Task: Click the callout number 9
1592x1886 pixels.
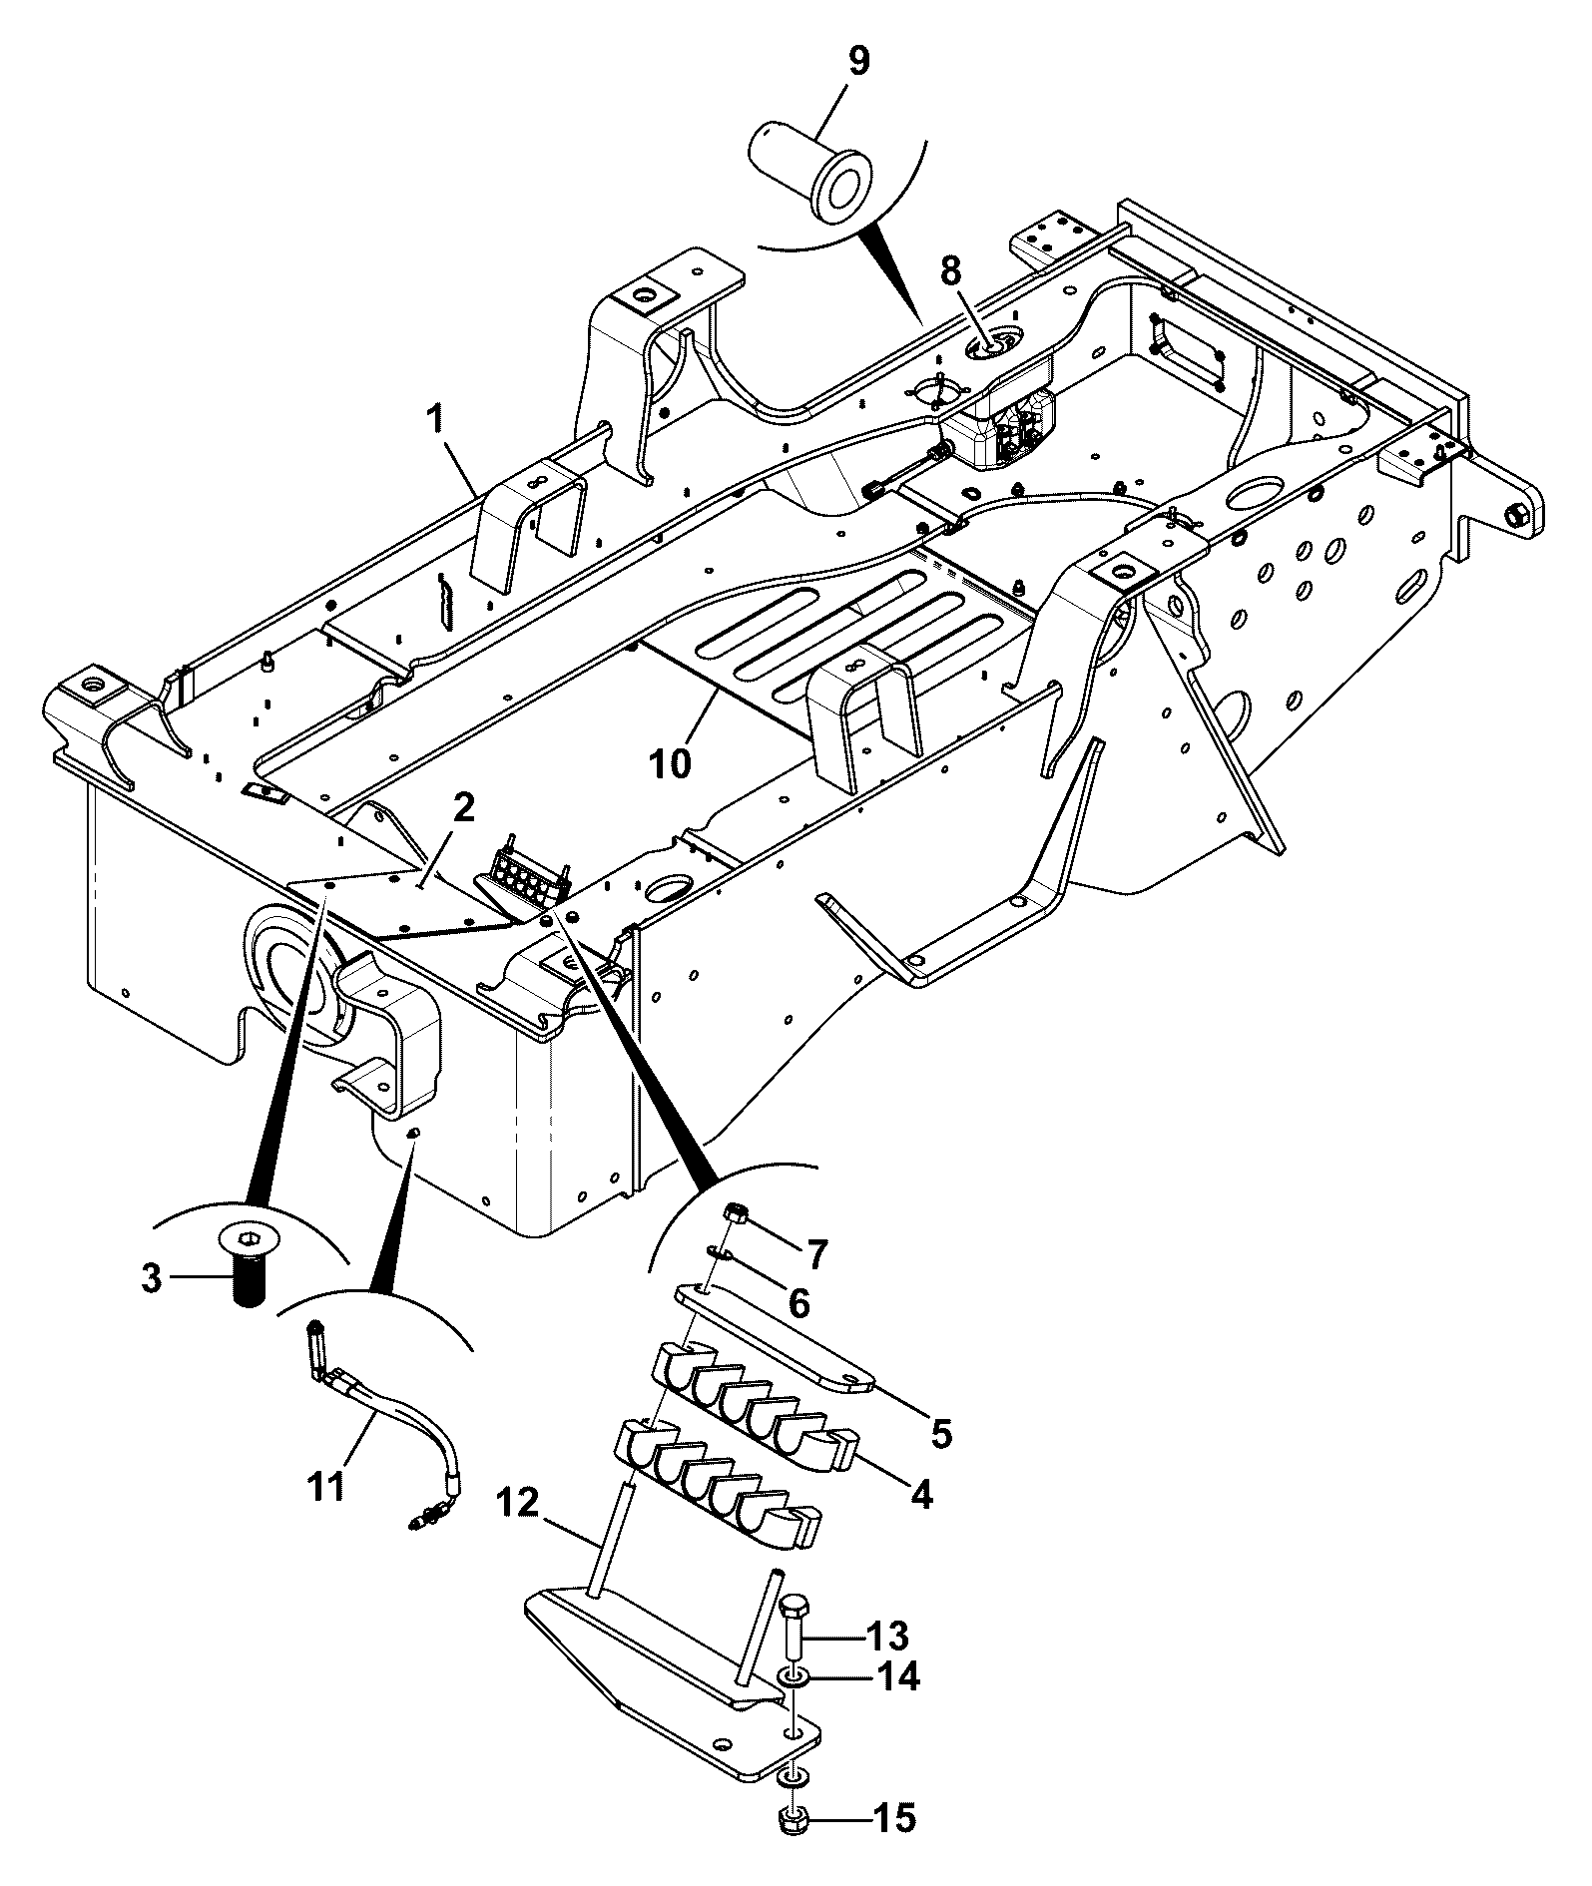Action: (x=857, y=61)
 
